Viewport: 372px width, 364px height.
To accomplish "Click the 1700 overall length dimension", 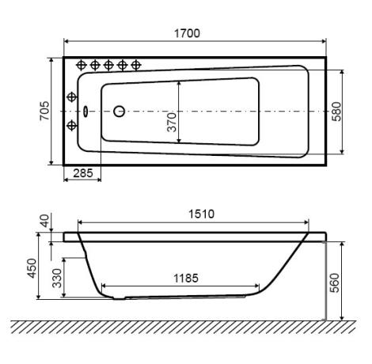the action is [187, 33].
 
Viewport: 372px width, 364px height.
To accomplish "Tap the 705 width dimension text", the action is [44, 111].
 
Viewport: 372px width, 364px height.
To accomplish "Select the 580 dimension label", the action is [336, 112].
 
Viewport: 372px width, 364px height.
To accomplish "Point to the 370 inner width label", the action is [172, 122].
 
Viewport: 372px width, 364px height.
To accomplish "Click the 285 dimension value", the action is [83, 173].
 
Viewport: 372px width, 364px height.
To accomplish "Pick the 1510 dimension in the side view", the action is [201, 214].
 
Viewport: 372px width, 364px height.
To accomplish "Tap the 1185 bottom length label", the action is [186, 278].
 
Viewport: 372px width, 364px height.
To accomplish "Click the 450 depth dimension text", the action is [32, 268].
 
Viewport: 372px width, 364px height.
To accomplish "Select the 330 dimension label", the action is [57, 278].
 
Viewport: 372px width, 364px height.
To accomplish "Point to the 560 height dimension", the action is [334, 282].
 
